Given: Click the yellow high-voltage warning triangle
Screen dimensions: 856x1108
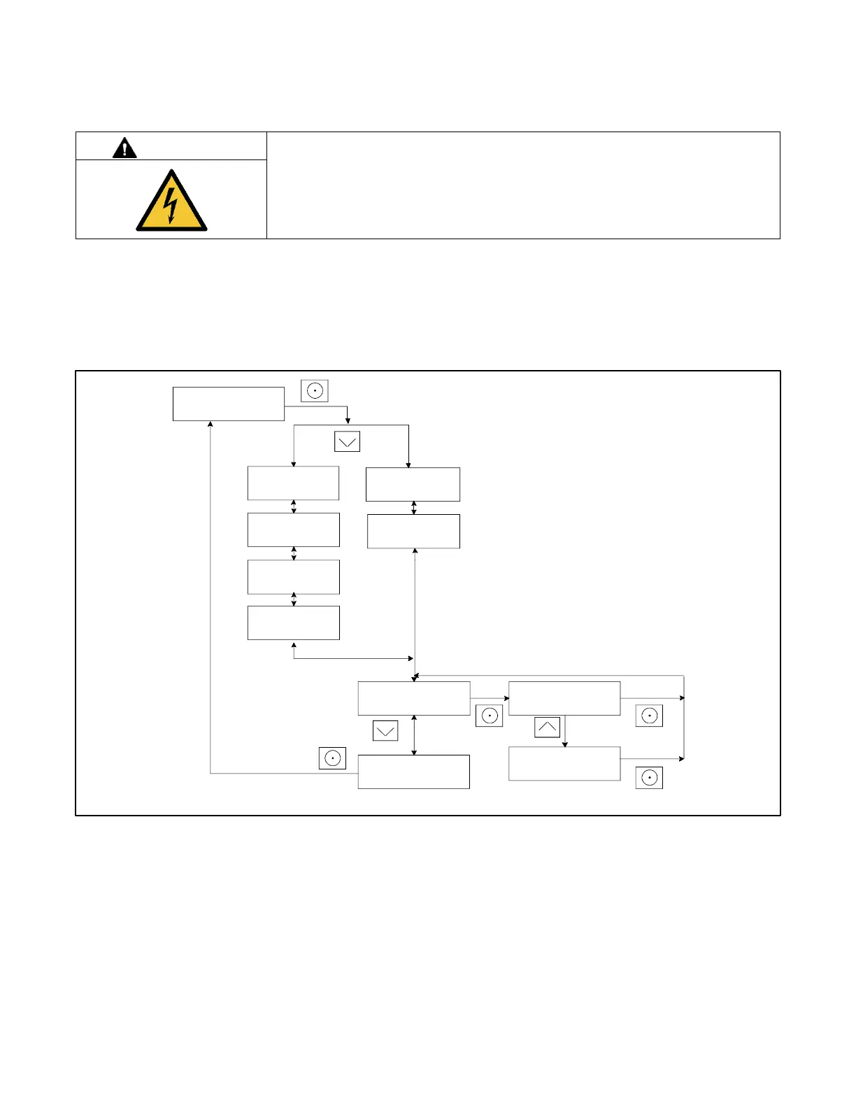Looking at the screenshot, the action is tap(171, 202).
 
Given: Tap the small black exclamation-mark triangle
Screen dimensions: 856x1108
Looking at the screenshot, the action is tap(124, 148).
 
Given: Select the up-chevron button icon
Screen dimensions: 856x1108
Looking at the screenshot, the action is tap(547, 727).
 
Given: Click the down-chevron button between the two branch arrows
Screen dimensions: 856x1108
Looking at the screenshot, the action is tap(348, 441).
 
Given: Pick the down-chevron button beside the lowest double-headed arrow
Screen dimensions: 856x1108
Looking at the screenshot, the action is tap(385, 731).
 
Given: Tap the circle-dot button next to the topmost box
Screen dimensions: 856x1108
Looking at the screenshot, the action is tap(315, 390).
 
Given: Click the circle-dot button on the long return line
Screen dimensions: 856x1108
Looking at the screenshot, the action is tap(332, 758).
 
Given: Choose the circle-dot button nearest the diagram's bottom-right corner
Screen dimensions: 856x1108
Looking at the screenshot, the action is tap(649, 778).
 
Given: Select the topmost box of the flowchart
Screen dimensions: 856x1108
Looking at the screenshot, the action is tap(228, 404).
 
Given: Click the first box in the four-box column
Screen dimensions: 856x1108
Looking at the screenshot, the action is tap(293, 483).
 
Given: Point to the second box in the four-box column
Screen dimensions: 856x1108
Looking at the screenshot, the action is tap(293, 530).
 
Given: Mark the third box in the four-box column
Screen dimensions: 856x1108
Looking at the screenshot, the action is tap(293, 576).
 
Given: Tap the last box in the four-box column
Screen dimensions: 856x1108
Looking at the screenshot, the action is tap(293, 623).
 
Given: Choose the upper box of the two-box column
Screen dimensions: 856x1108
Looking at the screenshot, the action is tap(413, 484).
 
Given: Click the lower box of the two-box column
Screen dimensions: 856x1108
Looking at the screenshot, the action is tap(413, 531).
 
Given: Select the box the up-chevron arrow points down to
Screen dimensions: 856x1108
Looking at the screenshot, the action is tap(564, 763).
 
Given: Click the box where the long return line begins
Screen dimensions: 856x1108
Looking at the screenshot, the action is tap(413, 772).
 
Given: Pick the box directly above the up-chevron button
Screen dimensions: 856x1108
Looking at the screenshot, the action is tap(564, 698).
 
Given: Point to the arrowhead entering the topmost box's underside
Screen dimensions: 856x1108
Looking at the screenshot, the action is tap(211, 424).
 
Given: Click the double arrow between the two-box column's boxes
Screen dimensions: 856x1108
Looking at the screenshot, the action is tap(414, 508).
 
